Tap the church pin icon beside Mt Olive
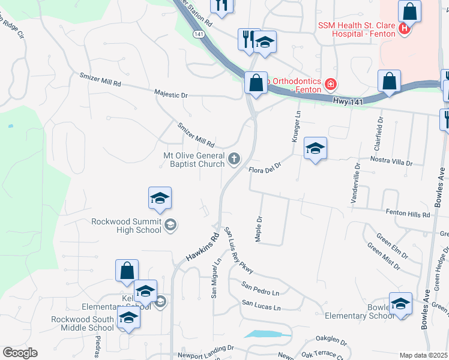coord(235,160)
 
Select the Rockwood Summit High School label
coord(127,225)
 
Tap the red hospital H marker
coord(405,28)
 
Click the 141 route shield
coord(198,35)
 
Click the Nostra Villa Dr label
coord(390,163)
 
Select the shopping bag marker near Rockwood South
coord(127,271)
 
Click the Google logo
coord(20,353)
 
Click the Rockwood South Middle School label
coord(82,323)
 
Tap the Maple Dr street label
coord(259,229)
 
